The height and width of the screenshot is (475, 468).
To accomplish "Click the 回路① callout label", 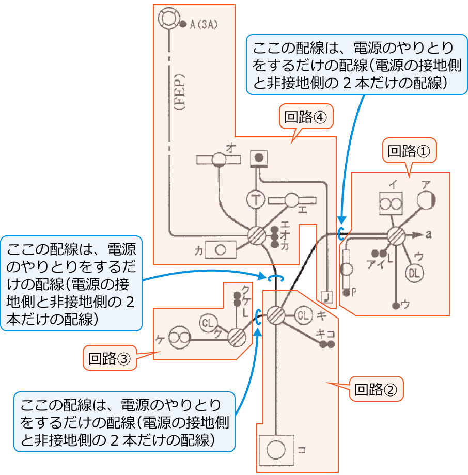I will pyautogui.click(x=409, y=151).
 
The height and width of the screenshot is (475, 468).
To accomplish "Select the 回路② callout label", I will pyautogui.click(x=376, y=389).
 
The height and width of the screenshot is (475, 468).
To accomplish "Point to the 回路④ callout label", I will pyautogui.click(x=306, y=117).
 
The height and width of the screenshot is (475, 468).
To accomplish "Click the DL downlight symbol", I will pyautogui.click(x=414, y=273).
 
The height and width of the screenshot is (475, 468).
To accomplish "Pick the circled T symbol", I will pyautogui.click(x=255, y=199).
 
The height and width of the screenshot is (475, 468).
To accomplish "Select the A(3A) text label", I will pyautogui.click(x=204, y=24).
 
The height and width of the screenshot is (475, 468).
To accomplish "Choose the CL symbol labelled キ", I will pyautogui.click(x=305, y=314).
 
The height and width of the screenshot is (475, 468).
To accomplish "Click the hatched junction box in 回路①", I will pyautogui.click(x=396, y=235).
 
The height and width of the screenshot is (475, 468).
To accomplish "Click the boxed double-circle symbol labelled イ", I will pyautogui.click(x=390, y=203).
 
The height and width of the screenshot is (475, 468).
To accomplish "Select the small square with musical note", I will pyautogui.click(x=326, y=296).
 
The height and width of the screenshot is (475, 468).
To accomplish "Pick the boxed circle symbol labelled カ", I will pyautogui.click(x=221, y=250).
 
